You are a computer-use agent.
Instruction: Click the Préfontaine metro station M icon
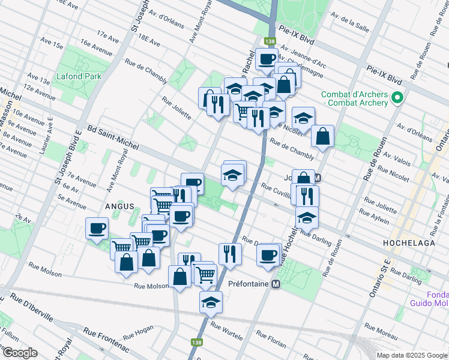[x=276, y=284]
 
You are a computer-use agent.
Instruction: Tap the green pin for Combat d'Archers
[x=397, y=97]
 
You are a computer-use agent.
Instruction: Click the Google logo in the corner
[x=20, y=353]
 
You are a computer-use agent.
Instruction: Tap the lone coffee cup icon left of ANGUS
[x=97, y=228]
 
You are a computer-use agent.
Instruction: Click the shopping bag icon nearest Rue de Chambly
[x=323, y=136]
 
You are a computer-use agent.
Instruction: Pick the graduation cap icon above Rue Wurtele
[x=211, y=304]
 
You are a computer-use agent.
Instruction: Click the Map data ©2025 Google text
[x=411, y=355]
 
